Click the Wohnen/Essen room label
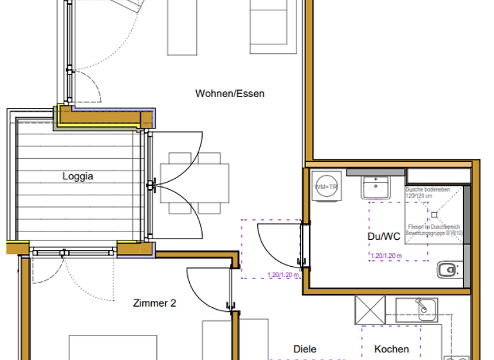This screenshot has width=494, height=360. [x=230, y=94]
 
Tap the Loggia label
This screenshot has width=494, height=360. [x=77, y=176]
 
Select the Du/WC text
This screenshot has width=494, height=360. [x=383, y=237]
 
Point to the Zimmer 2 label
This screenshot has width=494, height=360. [x=154, y=303]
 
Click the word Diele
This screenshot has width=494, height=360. [x=304, y=349]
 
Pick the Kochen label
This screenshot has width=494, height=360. [x=391, y=349]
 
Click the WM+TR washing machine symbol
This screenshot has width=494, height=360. [x=325, y=186]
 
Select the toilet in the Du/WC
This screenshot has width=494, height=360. [x=448, y=269]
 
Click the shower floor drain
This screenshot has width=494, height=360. [x=433, y=213]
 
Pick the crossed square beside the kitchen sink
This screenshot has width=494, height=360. [x=370, y=310]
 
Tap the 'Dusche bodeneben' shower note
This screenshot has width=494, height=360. [x=432, y=192]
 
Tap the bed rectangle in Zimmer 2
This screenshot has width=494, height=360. [x=113, y=347]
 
